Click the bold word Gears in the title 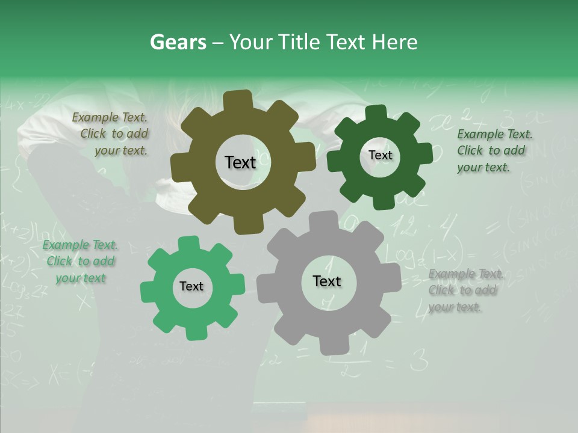tap(178, 42)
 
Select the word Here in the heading tap(394, 42)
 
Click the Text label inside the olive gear tap(240, 162)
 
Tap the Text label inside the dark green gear tap(380, 155)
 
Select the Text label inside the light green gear tap(191, 286)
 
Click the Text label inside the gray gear tap(327, 281)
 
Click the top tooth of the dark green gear tap(376, 112)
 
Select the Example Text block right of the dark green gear tap(494, 150)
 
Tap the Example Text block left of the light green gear tap(80, 261)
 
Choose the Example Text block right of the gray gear tap(465, 290)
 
